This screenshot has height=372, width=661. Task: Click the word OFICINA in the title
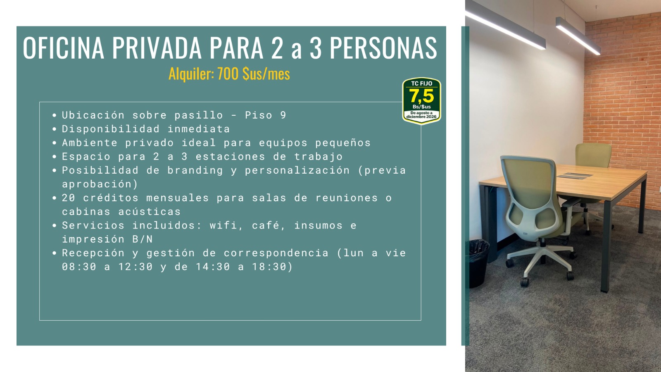coord(64,48)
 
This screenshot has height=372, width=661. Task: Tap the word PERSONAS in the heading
coord(383,48)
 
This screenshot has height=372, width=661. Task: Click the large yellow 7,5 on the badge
coord(421,96)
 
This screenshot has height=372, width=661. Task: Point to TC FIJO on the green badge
coord(421,83)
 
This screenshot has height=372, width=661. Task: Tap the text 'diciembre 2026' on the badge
coord(421,117)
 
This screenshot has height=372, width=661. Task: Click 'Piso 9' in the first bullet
coord(266,115)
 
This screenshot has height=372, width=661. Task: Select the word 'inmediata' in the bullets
coord(199,129)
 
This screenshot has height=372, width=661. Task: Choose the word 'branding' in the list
coord(195,171)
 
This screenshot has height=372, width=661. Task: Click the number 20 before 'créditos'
coord(69,198)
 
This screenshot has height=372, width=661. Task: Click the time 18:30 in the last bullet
coord(269,267)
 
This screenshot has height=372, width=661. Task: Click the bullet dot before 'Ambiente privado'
coord(54,143)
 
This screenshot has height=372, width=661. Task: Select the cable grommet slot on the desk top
coord(574,176)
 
